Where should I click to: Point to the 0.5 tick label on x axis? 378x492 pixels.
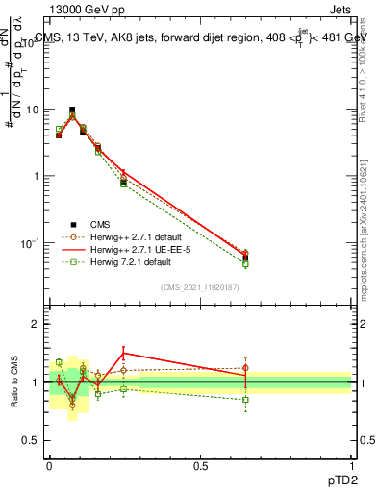200,465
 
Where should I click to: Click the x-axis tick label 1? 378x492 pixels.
351,465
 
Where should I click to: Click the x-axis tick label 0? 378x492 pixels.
50,465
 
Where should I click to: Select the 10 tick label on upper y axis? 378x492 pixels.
33,110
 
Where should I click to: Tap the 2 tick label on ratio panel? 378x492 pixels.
37,325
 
